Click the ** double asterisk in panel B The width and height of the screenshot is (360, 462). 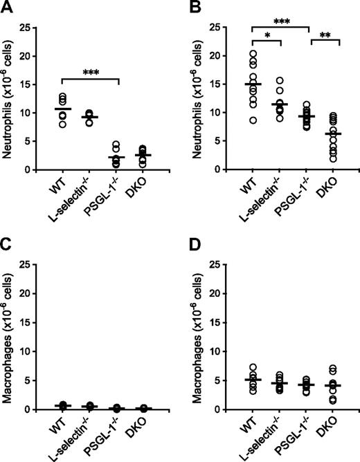325,35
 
